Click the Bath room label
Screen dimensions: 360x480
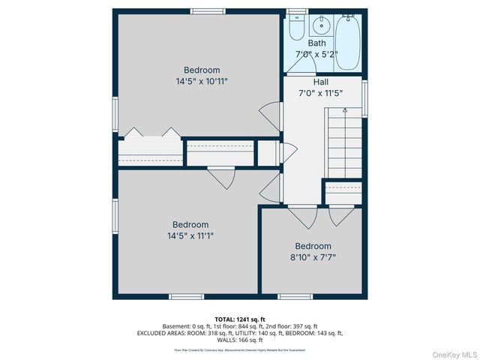pos(316,43)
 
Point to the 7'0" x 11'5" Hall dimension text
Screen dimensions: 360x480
pos(320,93)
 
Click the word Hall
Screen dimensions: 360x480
pos(320,82)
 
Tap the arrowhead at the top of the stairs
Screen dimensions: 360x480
pos(344,110)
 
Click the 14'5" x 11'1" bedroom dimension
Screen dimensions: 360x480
pos(190,235)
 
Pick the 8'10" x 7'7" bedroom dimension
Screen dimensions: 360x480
pos(313,257)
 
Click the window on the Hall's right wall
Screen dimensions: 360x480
pos(365,97)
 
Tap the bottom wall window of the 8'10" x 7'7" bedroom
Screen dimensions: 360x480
pos(295,296)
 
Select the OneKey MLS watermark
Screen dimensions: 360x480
pos(453,353)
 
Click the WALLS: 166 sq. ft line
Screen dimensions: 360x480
pos(240,340)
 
